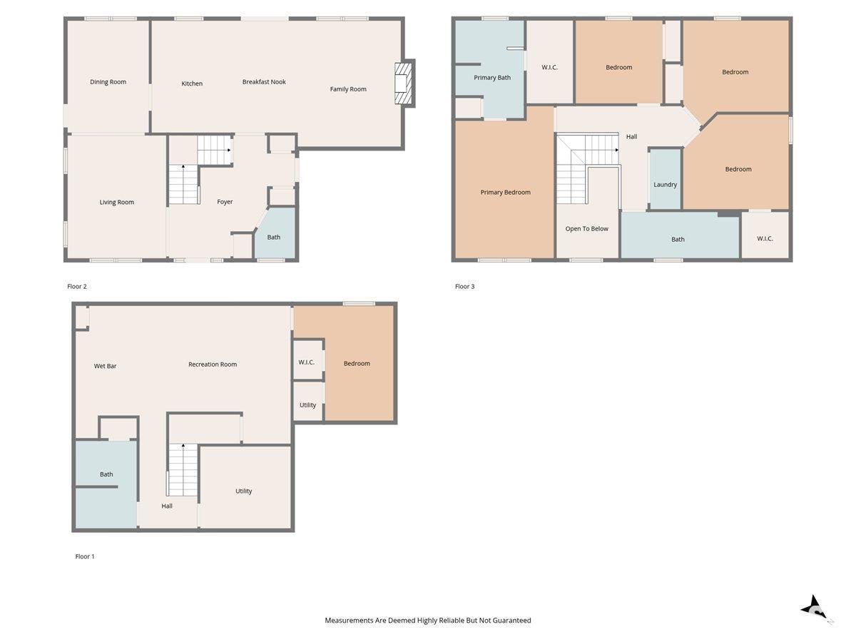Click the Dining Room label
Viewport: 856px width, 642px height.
tap(108, 82)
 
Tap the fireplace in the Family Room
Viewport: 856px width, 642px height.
tap(404, 83)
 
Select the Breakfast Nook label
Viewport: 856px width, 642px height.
tap(264, 82)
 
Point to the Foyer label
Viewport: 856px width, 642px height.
tap(225, 202)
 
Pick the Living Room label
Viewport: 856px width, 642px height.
tap(116, 202)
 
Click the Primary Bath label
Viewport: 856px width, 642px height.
tap(492, 78)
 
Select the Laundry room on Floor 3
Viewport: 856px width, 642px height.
tap(666, 179)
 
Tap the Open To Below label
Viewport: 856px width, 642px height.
tap(586, 229)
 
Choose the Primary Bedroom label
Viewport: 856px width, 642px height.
tap(506, 192)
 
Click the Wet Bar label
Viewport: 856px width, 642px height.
tap(106, 366)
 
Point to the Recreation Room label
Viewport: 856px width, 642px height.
tap(213, 365)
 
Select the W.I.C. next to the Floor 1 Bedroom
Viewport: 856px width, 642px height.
tap(307, 360)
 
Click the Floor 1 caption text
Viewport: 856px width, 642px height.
tap(85, 556)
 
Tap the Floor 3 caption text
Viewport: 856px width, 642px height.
tap(465, 287)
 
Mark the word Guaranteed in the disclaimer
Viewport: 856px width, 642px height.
tap(511, 620)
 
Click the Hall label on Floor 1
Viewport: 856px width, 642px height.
tap(167, 506)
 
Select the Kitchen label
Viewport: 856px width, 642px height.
tap(192, 83)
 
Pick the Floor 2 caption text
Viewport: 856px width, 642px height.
tap(77, 287)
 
